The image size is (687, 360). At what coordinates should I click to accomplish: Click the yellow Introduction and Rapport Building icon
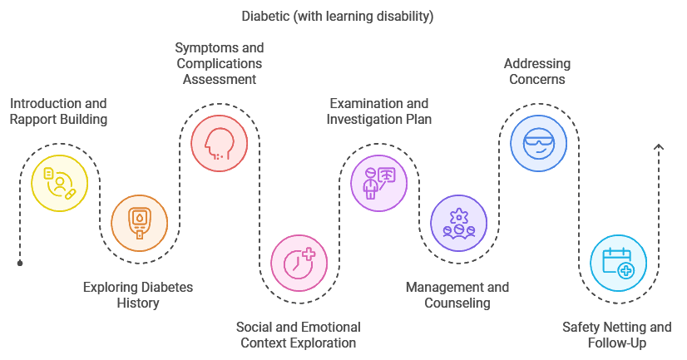tap(59, 183)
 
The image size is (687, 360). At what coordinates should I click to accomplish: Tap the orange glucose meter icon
tap(139, 223)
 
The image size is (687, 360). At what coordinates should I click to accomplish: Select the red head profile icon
tap(219, 143)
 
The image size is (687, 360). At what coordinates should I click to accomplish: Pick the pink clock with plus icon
tap(299, 263)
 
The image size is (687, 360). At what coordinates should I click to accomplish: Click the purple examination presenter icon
tap(378, 183)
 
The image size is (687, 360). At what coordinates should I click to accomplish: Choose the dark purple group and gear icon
tap(458, 223)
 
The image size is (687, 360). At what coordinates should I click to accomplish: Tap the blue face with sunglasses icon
tap(538, 143)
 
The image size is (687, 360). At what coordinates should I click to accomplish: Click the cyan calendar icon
tap(618, 263)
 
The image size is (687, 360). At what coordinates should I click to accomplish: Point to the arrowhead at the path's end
tap(659, 148)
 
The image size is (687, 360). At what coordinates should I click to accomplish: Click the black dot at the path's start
tap(20, 263)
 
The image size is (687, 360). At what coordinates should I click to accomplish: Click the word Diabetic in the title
tap(266, 16)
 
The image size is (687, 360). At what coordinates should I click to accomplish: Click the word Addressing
tap(536, 64)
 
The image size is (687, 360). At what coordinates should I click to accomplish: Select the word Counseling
tap(457, 303)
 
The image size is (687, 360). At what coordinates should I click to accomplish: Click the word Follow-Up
tap(616, 343)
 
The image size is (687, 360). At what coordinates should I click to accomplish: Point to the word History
tap(138, 303)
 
